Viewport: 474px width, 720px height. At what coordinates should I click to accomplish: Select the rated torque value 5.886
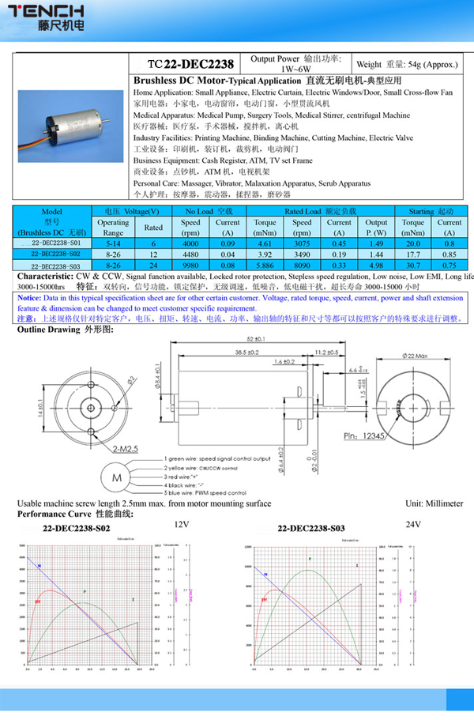coord(264,266)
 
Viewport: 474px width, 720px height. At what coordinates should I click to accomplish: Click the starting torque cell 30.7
coord(412,266)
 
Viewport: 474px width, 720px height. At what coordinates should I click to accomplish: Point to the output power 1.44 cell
coord(376,255)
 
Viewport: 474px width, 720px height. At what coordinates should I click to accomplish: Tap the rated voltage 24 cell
coord(153,266)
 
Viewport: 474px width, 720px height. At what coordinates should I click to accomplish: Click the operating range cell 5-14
coord(113,244)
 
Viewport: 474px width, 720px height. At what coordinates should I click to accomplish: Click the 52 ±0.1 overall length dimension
coord(254,339)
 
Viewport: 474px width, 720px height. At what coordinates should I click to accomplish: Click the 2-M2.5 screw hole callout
coord(126,448)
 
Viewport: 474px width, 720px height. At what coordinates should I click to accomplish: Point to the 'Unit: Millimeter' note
coord(434,503)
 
